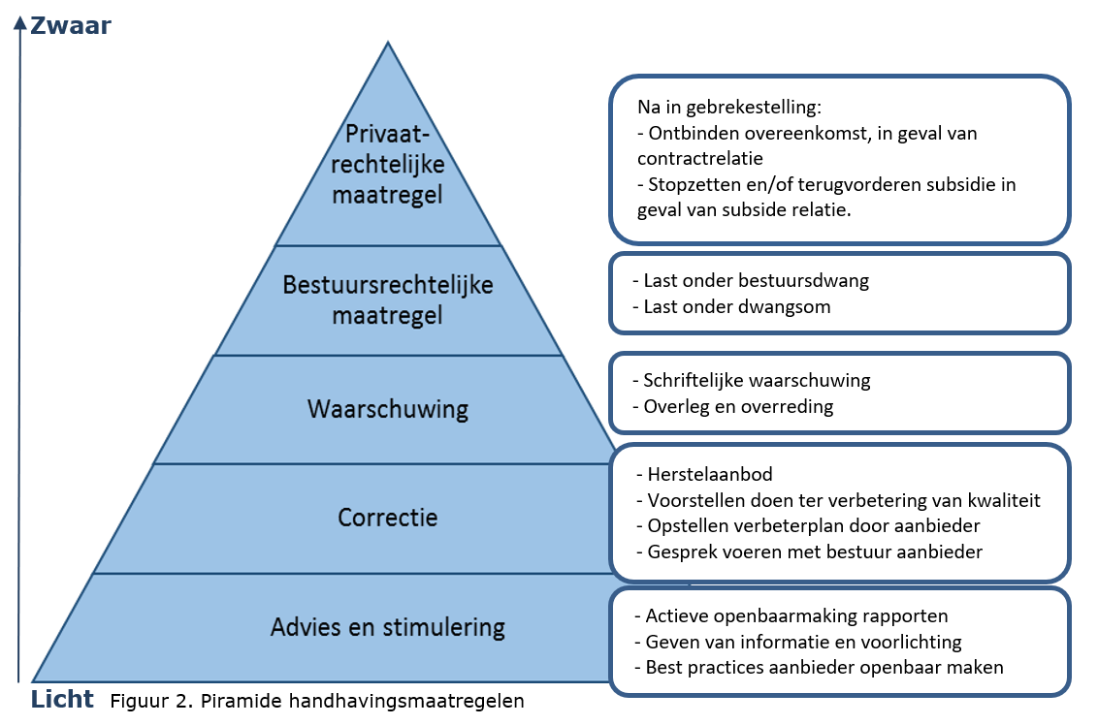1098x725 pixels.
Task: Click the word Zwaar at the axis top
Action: (x=71, y=25)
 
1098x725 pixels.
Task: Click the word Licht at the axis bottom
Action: (x=62, y=698)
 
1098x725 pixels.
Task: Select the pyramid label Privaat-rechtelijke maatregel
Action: (x=387, y=164)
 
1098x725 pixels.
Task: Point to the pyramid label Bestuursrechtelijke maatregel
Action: (x=388, y=299)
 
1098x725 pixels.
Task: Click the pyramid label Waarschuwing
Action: (x=388, y=409)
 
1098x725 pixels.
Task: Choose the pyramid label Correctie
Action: (x=388, y=518)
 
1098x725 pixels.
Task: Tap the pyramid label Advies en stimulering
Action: (x=388, y=627)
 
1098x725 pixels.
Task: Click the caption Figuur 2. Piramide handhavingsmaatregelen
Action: (x=317, y=702)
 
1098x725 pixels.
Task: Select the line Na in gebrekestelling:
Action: (x=728, y=108)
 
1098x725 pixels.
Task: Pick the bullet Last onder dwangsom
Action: (x=738, y=306)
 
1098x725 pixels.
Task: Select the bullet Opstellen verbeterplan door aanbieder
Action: (x=808, y=525)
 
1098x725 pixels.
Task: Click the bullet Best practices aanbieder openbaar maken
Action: (x=818, y=667)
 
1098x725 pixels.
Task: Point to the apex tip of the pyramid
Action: (x=388, y=44)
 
